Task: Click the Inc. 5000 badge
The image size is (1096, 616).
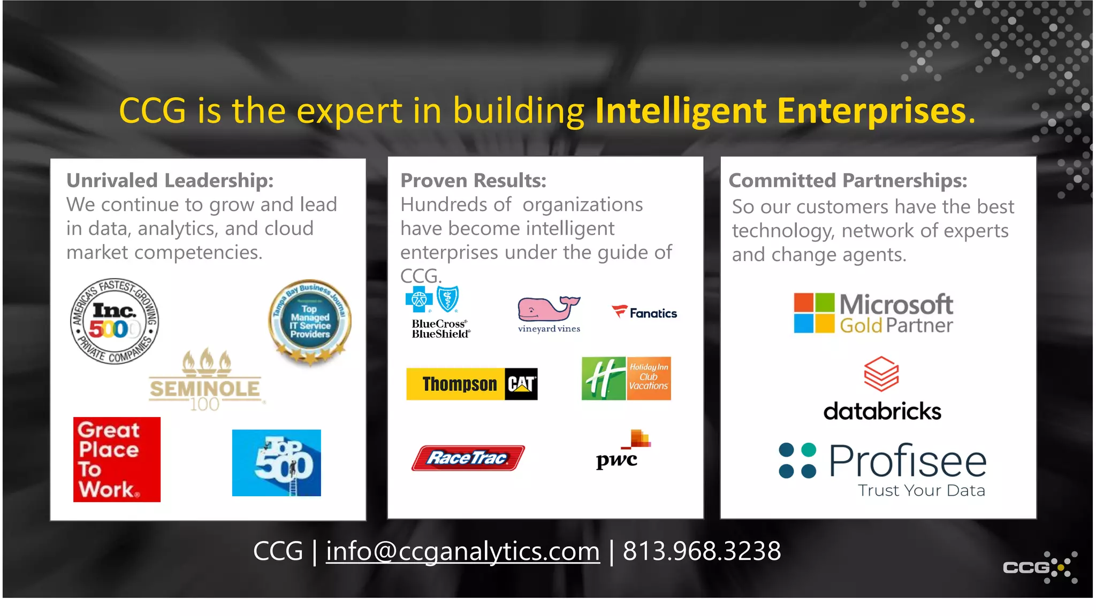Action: tap(115, 321)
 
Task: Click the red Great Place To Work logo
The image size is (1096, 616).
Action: tap(117, 459)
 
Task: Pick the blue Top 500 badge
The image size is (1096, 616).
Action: tap(276, 463)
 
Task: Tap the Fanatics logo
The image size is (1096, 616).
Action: tap(644, 313)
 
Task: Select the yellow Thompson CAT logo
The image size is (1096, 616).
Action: tap(471, 384)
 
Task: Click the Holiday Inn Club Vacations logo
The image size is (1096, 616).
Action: tap(626, 379)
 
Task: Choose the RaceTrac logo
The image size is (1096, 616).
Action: tap(468, 458)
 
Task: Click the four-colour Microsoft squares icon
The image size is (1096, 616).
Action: tap(813, 313)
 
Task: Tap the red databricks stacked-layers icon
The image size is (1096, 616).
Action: tap(881, 374)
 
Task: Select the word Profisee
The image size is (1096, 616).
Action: tap(908, 461)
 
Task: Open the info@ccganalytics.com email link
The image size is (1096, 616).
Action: tap(462, 551)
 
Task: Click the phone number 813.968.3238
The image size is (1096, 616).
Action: tap(702, 551)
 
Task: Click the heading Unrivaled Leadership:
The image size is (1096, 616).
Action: tap(170, 181)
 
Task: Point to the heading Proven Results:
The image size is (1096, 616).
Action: tap(473, 181)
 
